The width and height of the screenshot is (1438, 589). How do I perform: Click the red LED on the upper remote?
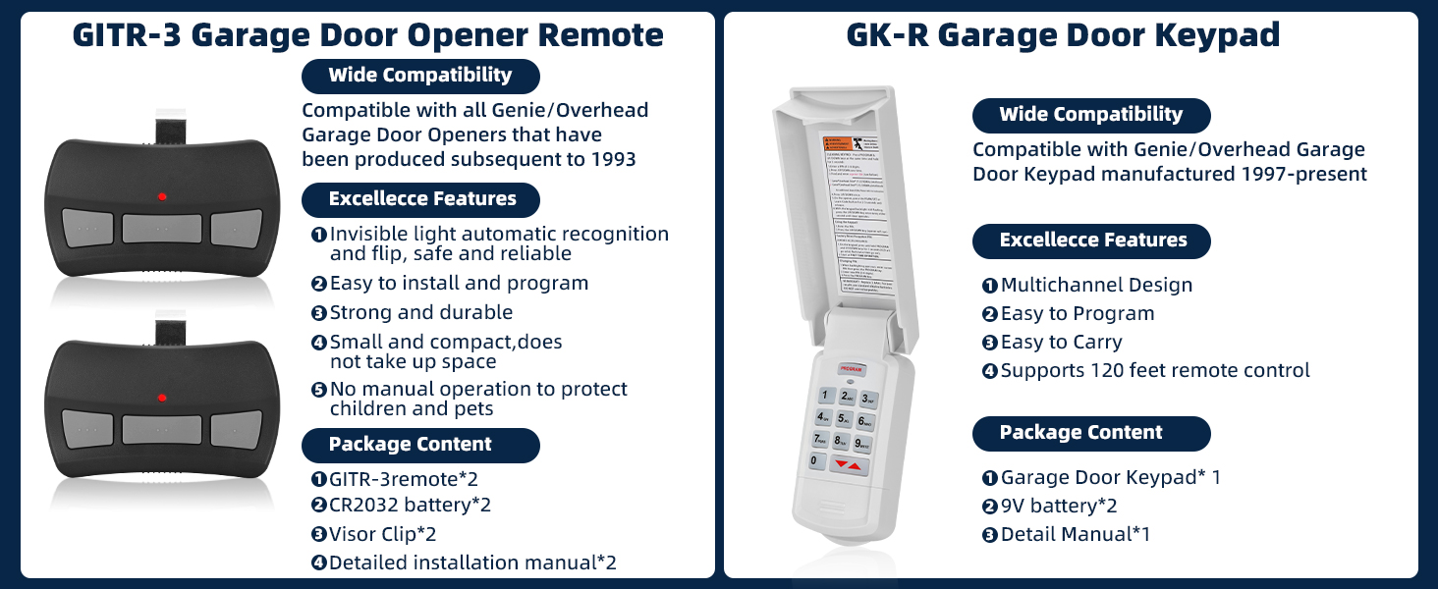pyautogui.click(x=162, y=197)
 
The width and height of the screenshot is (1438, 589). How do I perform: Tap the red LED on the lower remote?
pyautogui.click(x=162, y=397)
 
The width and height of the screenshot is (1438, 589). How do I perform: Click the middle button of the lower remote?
pyautogui.click(x=161, y=428)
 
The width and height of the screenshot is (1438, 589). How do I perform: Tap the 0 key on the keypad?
pyautogui.click(x=814, y=460)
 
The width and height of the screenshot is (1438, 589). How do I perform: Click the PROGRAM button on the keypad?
pyautogui.click(x=851, y=369)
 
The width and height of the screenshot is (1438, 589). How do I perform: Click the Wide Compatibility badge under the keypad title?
pyautogui.click(x=1090, y=115)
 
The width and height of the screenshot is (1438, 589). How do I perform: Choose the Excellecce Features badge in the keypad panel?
pyautogui.click(x=1092, y=241)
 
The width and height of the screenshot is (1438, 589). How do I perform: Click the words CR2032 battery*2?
pyautogui.click(x=410, y=506)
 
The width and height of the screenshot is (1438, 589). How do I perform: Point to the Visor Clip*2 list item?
pyautogui.click(x=382, y=534)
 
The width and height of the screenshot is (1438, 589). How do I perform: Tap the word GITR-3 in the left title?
pyautogui.click(x=126, y=35)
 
